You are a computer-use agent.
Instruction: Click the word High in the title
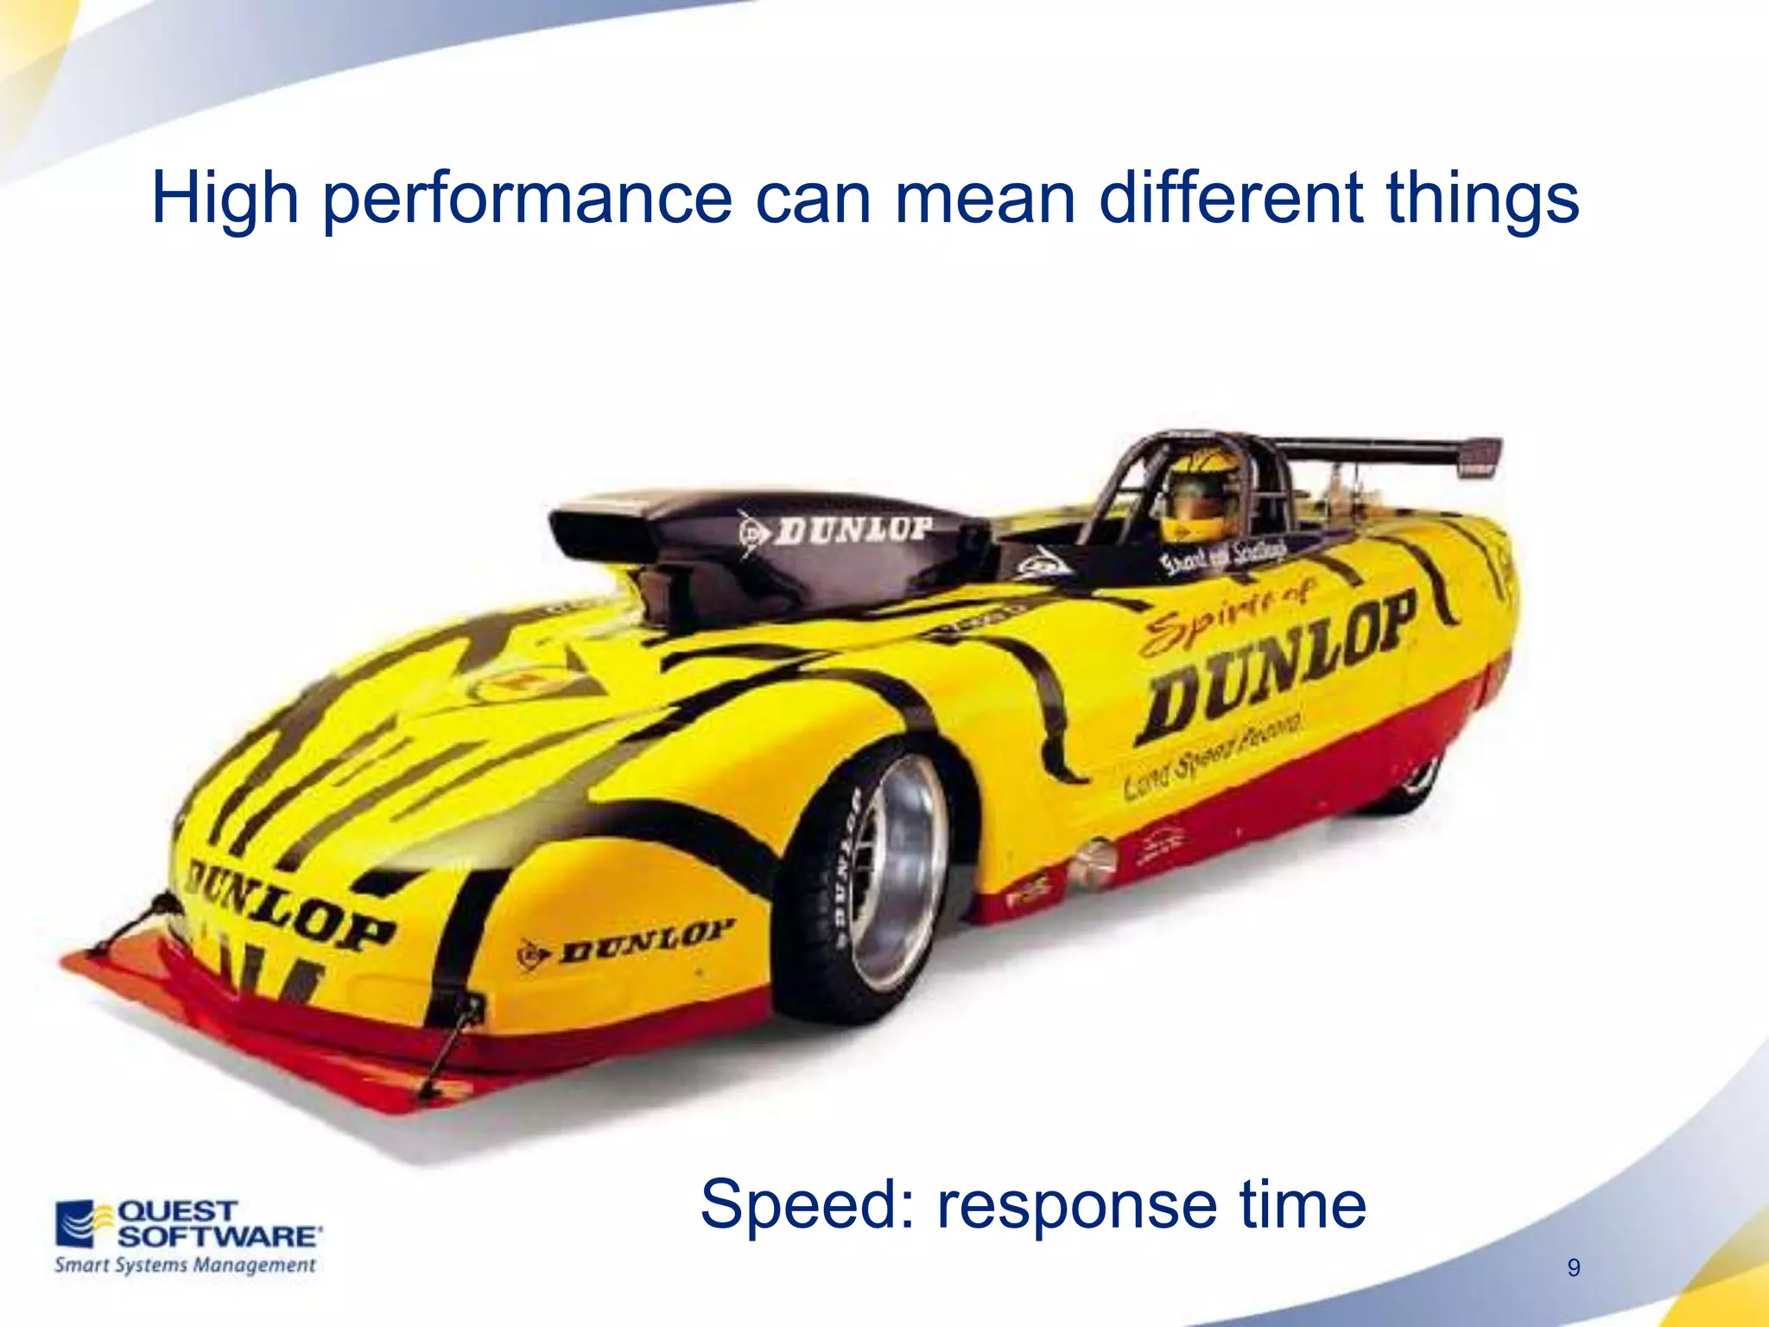point(225,199)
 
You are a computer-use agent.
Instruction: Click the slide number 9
point(1574,1268)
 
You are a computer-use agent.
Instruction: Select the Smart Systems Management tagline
point(185,1266)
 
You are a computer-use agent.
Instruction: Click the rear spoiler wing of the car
point(1391,449)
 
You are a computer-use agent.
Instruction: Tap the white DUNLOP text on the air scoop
point(851,529)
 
